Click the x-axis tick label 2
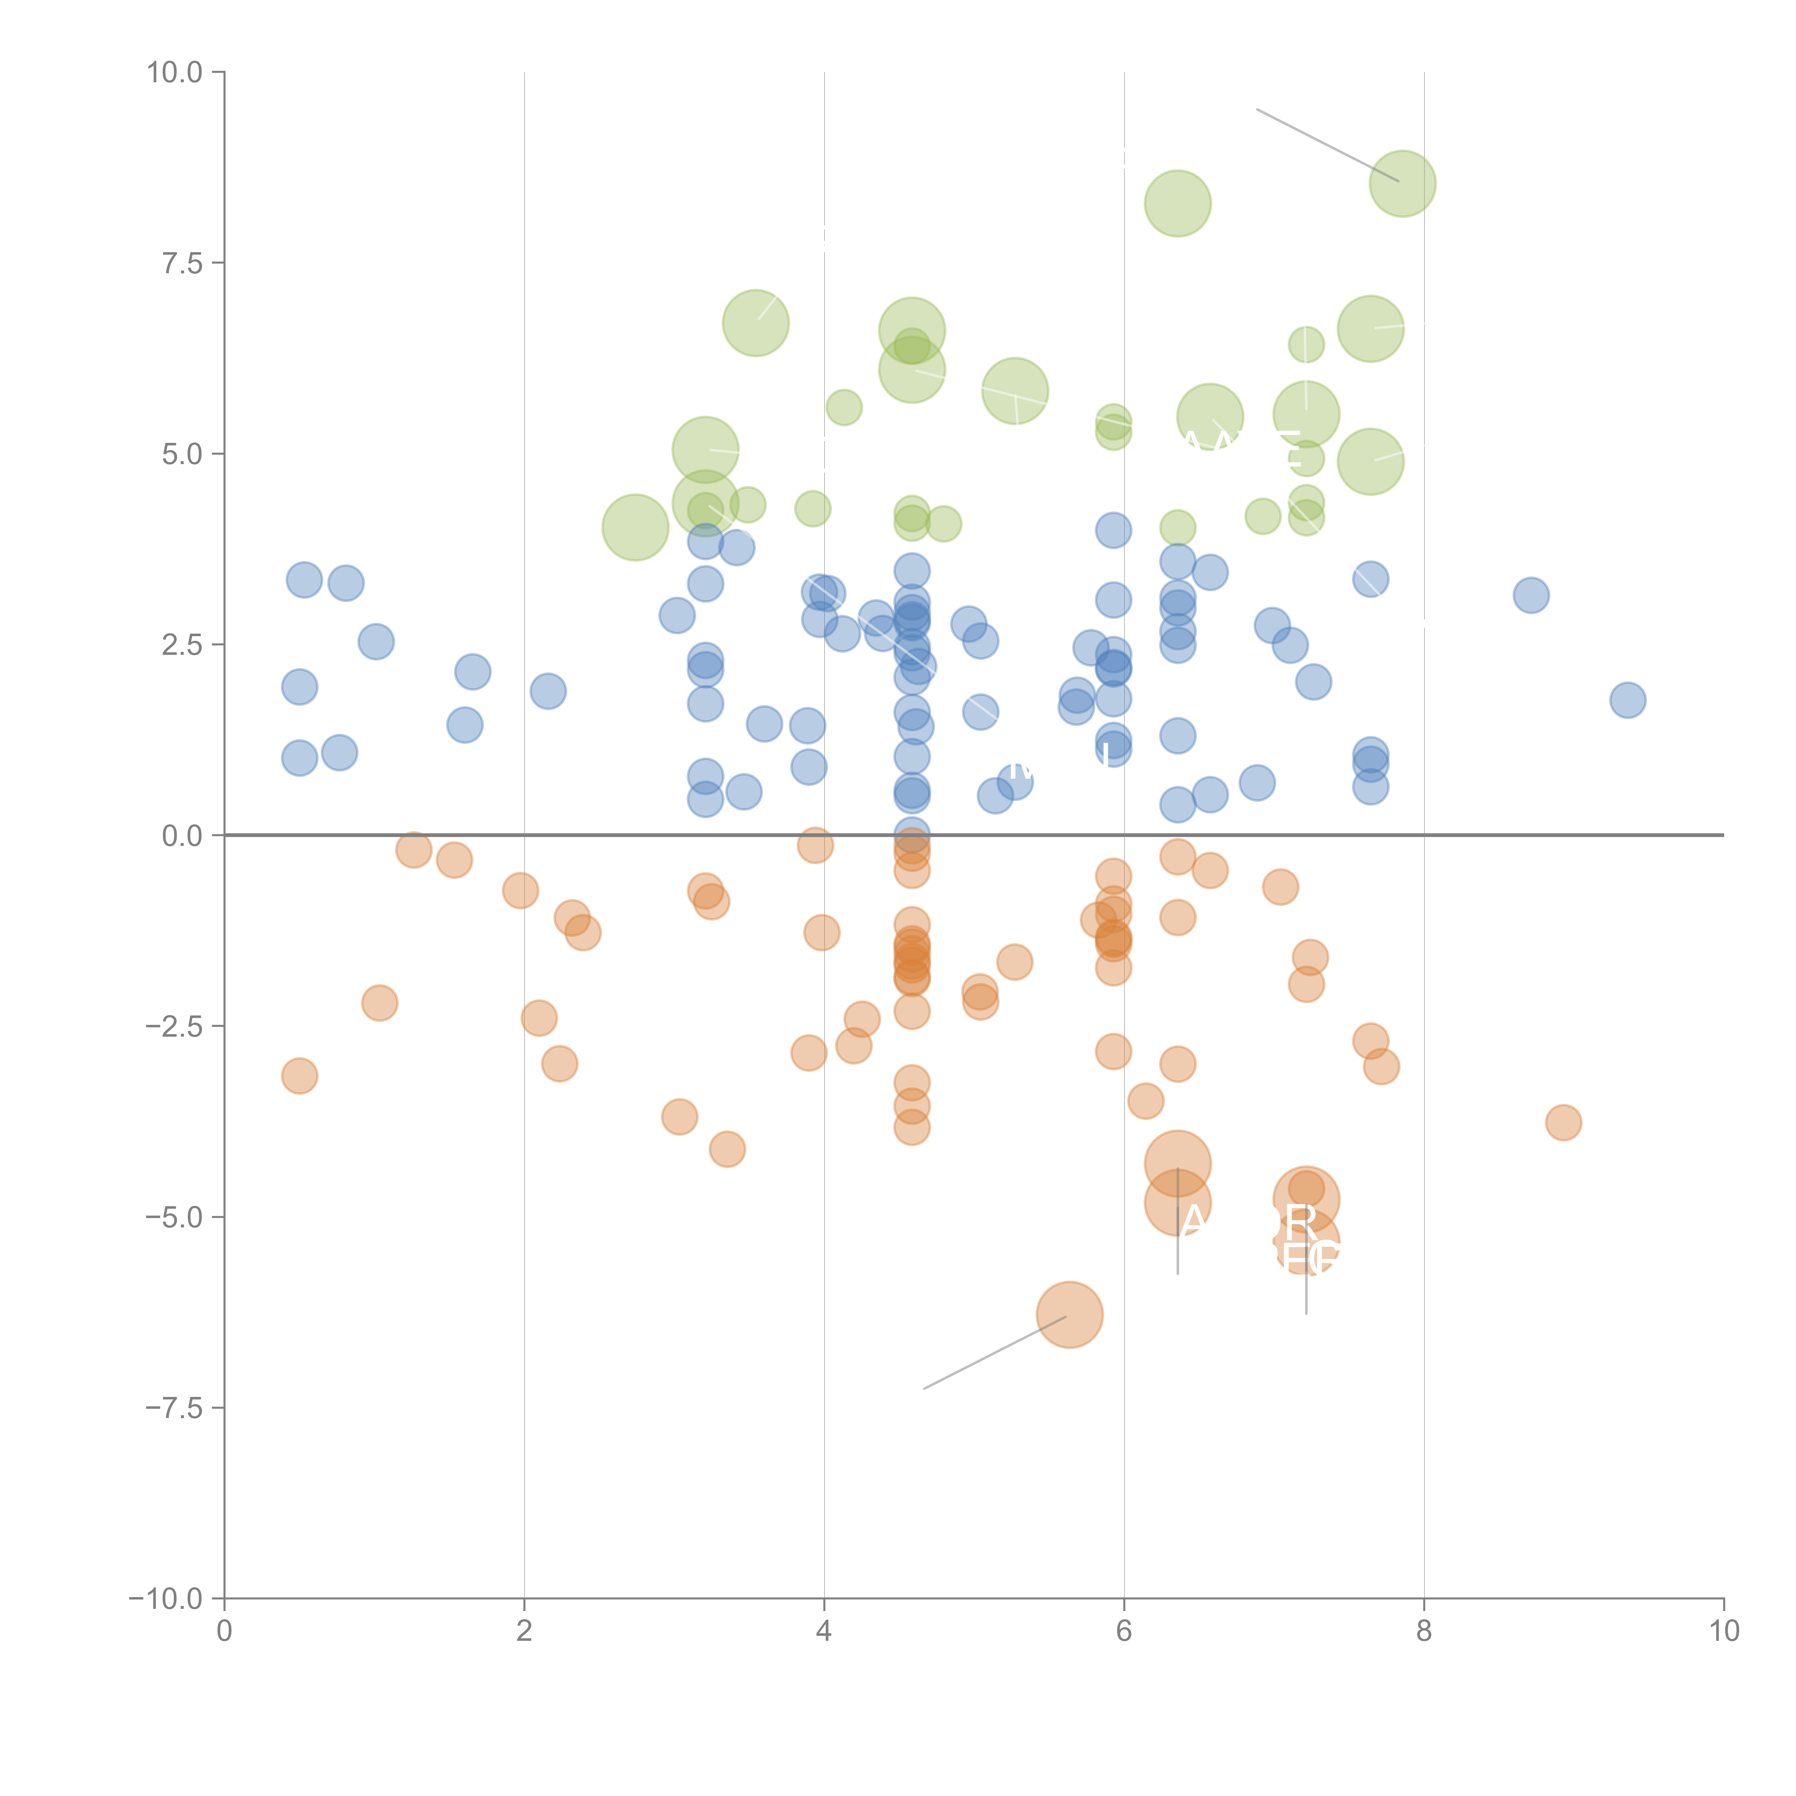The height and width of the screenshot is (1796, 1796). click(524, 1630)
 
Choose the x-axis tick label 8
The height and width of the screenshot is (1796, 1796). click(1424, 1630)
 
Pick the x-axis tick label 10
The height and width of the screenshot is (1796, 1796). click(1723, 1630)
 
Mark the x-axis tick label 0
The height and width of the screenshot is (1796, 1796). click(224, 1630)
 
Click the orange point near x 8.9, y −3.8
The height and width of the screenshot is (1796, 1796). click(1564, 1122)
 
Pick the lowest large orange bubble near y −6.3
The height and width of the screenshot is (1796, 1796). click(1069, 1314)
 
